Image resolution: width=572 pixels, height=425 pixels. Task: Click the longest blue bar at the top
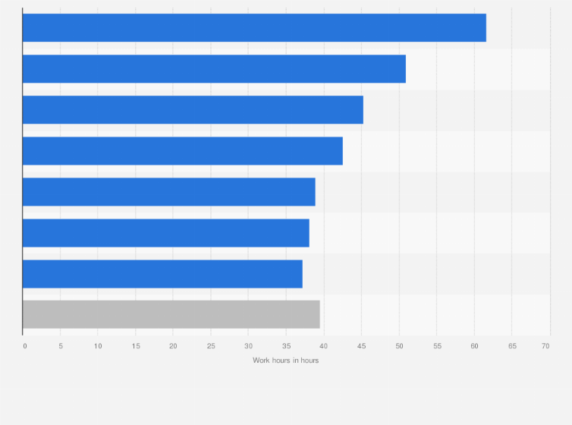254,27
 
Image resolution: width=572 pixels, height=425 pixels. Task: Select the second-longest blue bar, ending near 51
214,68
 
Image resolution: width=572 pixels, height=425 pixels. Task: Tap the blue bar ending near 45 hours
193,109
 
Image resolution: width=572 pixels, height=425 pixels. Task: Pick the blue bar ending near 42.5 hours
182,150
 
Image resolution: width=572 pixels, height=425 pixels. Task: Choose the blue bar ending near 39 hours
168,191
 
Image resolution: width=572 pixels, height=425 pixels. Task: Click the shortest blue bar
162,273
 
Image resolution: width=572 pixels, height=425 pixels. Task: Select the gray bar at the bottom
171,314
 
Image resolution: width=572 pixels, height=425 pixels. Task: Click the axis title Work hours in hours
286,360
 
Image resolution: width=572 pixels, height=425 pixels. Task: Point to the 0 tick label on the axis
24,346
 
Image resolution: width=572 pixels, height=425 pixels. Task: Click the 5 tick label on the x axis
61,346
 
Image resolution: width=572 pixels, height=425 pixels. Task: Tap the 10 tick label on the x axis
98,346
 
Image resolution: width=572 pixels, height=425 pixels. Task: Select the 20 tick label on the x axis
173,346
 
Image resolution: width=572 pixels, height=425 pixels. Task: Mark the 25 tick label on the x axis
211,346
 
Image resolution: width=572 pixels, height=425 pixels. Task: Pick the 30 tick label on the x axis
248,346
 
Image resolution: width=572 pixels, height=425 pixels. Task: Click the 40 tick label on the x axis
324,346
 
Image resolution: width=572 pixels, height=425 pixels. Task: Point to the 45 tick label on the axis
361,346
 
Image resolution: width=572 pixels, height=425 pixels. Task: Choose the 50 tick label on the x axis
399,346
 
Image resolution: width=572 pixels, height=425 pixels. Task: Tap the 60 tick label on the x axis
474,346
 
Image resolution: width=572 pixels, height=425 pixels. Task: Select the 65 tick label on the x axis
511,346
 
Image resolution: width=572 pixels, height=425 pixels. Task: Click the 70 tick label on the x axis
545,346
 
